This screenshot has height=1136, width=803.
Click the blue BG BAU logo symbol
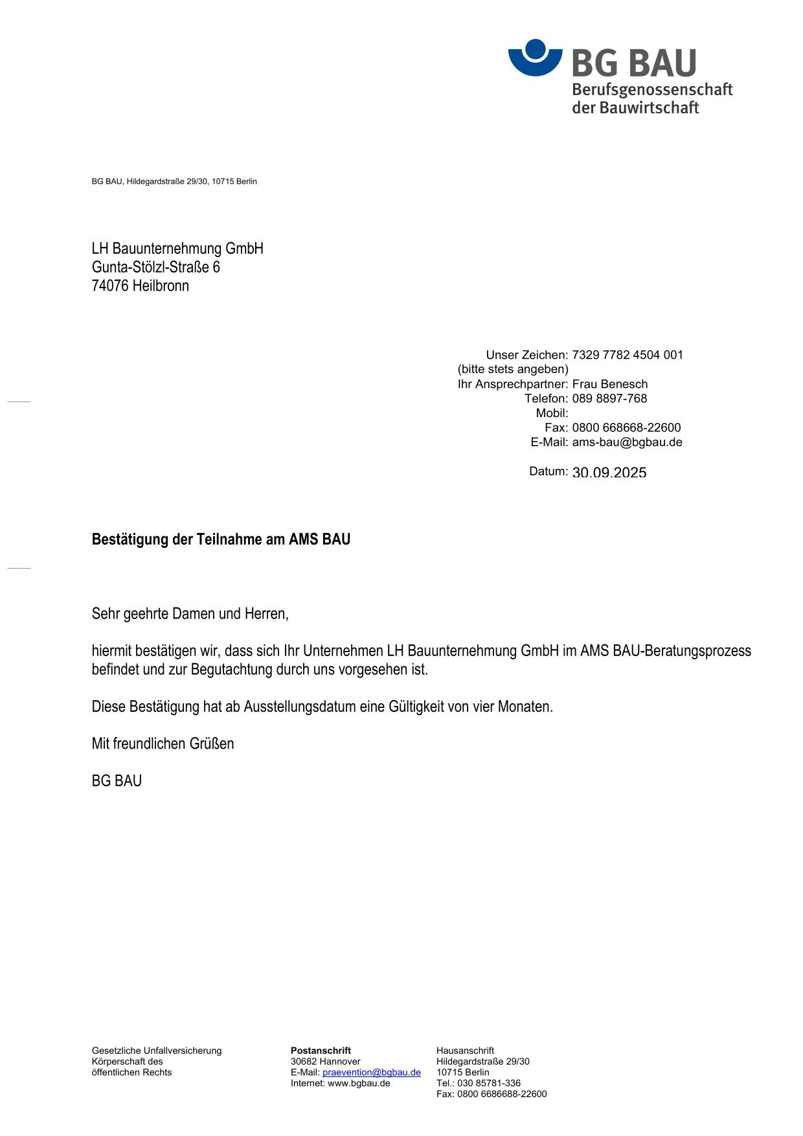(x=535, y=58)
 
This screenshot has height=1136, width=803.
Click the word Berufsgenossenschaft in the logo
(x=651, y=90)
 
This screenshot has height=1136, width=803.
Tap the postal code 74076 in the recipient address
(x=110, y=286)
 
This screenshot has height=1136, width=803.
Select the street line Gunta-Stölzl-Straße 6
(x=155, y=267)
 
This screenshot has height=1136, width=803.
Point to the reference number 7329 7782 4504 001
(x=627, y=355)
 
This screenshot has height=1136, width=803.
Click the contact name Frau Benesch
(x=609, y=384)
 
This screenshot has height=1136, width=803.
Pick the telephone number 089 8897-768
(x=609, y=398)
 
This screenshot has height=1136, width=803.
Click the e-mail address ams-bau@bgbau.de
(x=627, y=442)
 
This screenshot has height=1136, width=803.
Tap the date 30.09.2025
(x=609, y=473)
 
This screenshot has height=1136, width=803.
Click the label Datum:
(x=548, y=471)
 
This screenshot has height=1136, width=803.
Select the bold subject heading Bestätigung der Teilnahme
(x=221, y=540)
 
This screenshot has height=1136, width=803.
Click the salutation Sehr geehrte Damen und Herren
(x=190, y=613)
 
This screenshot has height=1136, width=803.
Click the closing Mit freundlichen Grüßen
(x=163, y=744)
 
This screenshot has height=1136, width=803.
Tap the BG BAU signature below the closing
(x=117, y=781)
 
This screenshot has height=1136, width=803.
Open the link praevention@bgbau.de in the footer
(x=371, y=1073)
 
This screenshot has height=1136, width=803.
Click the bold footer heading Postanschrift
(x=321, y=1051)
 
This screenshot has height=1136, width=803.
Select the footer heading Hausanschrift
(x=465, y=1051)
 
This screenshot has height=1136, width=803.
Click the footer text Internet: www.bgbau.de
(x=340, y=1084)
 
